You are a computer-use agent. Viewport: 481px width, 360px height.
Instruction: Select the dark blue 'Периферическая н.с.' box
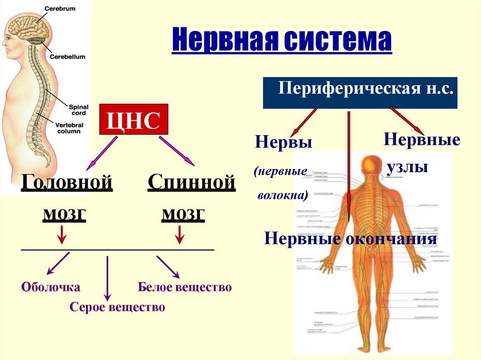pos(360,92)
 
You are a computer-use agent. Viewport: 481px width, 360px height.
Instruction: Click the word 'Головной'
pos(67,182)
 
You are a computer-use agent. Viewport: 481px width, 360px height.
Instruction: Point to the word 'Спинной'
pos(191,182)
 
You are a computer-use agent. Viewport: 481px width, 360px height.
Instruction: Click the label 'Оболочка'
pos(51,287)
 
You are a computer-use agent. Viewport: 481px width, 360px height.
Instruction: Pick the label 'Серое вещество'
pos(117,307)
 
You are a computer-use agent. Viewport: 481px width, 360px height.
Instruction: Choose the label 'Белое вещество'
pos(185,287)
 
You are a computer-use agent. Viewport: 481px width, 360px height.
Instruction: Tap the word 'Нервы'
pos(284,142)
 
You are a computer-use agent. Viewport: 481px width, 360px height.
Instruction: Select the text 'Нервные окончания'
pos(351,239)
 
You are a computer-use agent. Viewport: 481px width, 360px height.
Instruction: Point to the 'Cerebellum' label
pos(68,56)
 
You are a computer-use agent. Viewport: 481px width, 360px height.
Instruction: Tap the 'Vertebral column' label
pos(68,128)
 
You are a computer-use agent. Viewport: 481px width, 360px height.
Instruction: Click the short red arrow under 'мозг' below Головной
pos(62,234)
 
